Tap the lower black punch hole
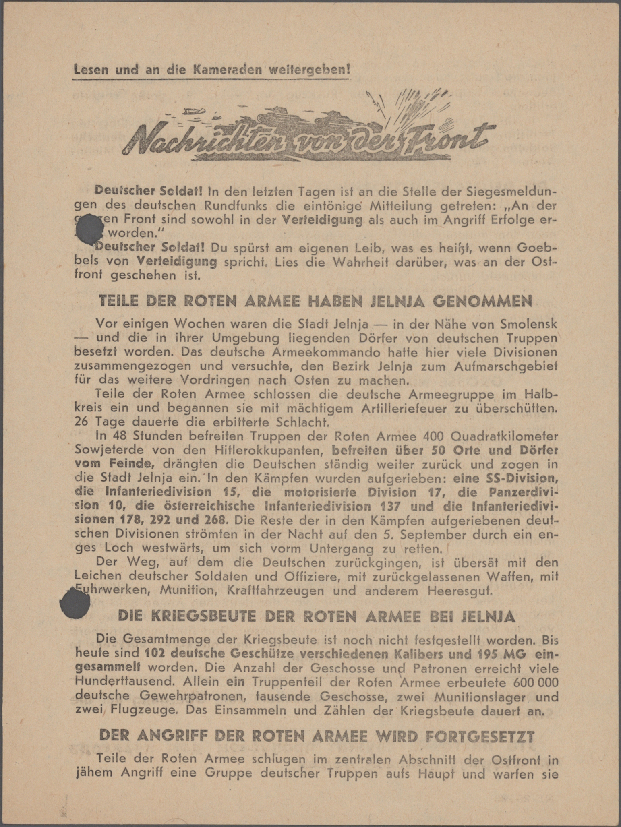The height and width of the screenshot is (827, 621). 75,604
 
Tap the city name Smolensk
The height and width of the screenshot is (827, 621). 522,323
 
